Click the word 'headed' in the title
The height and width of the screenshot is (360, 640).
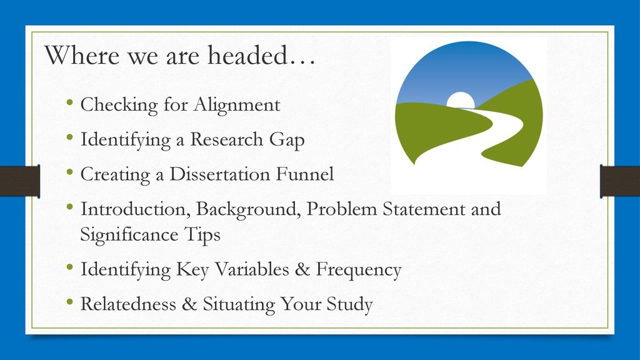tap(247, 55)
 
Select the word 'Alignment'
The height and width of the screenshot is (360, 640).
tap(237, 105)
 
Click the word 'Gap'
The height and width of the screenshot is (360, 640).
tap(286, 140)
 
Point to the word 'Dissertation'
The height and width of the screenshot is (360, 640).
tap(220, 174)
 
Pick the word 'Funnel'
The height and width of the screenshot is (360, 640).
tap(305, 174)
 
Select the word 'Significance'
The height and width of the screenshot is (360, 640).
tap(129, 235)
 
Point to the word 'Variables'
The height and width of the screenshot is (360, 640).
tap(252, 269)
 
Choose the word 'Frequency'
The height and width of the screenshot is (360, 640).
tap(359, 270)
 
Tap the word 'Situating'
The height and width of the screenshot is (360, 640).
tap(239, 305)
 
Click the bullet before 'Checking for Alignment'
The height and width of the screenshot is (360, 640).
tap(70, 102)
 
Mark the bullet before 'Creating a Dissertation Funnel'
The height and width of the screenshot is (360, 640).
tap(70, 172)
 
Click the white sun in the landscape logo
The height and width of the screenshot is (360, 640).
tap(461, 100)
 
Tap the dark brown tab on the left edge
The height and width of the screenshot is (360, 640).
tap(19, 181)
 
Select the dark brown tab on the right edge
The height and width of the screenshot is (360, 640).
tap(620, 181)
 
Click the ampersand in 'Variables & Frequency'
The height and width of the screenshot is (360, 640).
tap(302, 269)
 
